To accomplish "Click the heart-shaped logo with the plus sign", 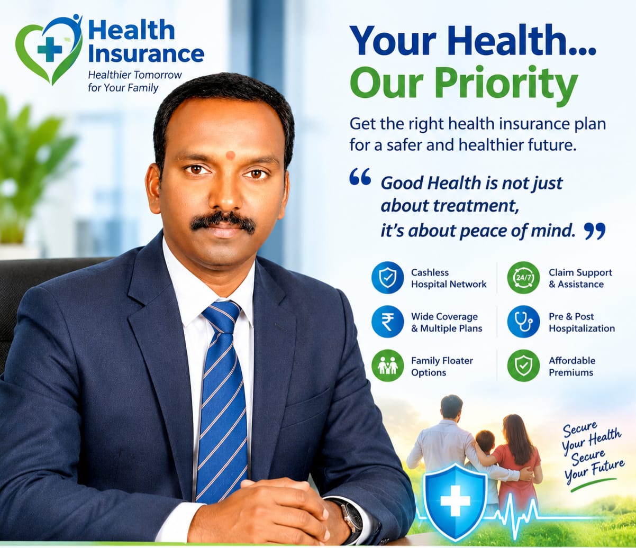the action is click(x=49, y=49).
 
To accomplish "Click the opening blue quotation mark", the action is click(x=360, y=177).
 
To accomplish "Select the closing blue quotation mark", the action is click(x=594, y=231).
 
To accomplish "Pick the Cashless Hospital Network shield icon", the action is click(x=387, y=278).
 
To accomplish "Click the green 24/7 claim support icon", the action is click(x=523, y=278).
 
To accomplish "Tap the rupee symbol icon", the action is click(x=387, y=322).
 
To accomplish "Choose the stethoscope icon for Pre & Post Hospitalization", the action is click(x=523, y=322).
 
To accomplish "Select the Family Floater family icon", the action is click(x=387, y=366).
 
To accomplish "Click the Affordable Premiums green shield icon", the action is click(x=523, y=366).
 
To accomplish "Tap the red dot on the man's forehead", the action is click(x=230, y=156).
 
